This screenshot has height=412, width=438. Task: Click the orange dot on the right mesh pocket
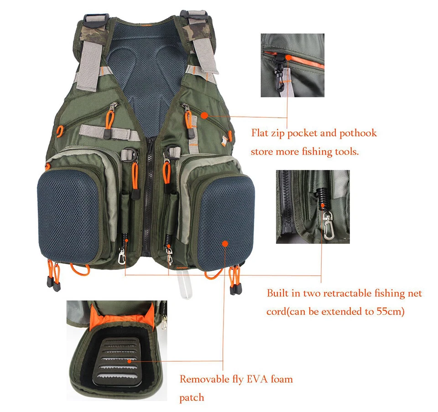(x=225, y=244)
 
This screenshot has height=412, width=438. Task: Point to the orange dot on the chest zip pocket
(x=204, y=115)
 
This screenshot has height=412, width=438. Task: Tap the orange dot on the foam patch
(x=131, y=360)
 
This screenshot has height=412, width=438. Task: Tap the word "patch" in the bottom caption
(x=192, y=398)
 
